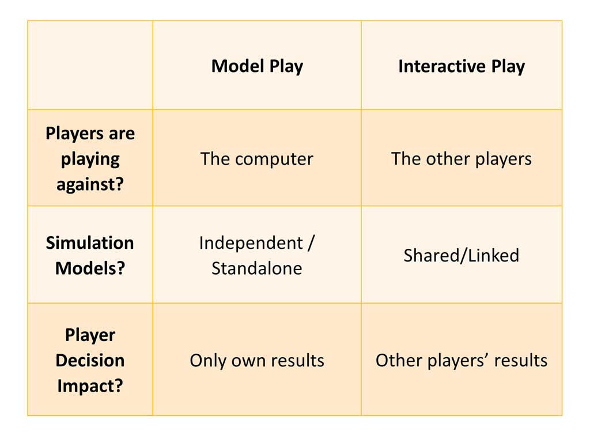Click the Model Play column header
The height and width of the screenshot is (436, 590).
pyautogui.click(x=257, y=66)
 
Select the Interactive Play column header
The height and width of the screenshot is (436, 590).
pyautogui.click(x=462, y=66)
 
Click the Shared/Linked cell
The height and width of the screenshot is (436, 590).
pyautogui.click(x=462, y=255)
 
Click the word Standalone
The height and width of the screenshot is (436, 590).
pyautogui.click(x=256, y=268)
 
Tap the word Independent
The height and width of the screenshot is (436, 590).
pyautogui.click(x=251, y=243)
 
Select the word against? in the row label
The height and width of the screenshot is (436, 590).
pyautogui.click(x=90, y=184)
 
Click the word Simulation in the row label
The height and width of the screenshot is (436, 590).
pyautogui.click(x=90, y=243)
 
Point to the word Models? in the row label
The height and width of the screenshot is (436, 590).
pyautogui.click(x=90, y=268)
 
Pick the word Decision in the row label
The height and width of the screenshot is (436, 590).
pyautogui.click(x=90, y=361)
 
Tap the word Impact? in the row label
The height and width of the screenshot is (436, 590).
pyautogui.click(x=90, y=386)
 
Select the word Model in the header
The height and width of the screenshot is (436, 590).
pyautogui.click(x=238, y=66)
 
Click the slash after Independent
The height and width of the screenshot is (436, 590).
pyautogui.click(x=311, y=243)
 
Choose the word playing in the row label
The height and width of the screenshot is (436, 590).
pyautogui.click(x=90, y=160)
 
